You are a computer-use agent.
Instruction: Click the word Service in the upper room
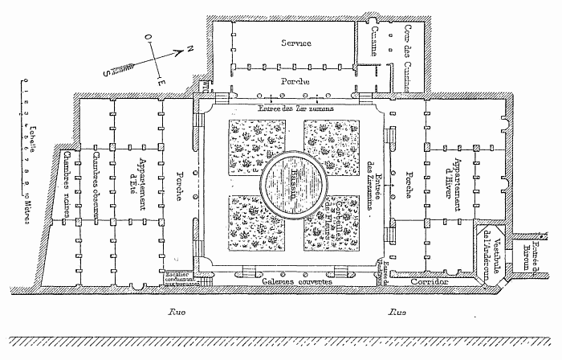coord(295,42)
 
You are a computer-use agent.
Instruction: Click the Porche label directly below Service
coord(295,82)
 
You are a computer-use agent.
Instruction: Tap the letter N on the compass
coord(189,50)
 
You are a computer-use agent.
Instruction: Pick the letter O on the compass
coord(147,37)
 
